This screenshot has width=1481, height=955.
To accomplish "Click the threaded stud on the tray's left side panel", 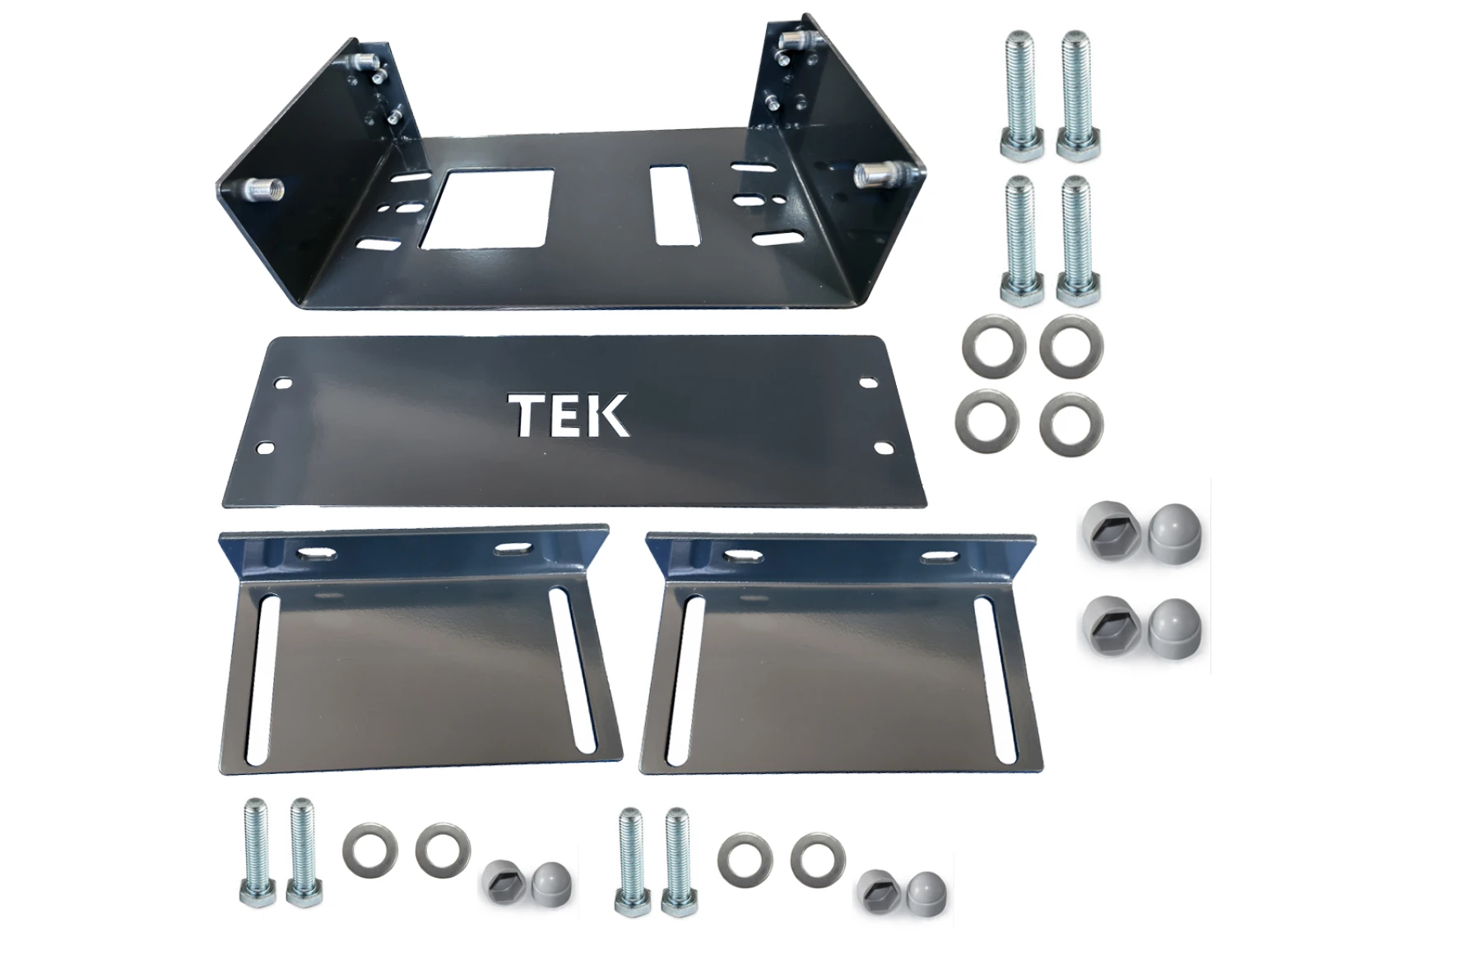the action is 263,189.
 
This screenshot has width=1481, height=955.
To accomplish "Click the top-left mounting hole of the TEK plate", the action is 282,384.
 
